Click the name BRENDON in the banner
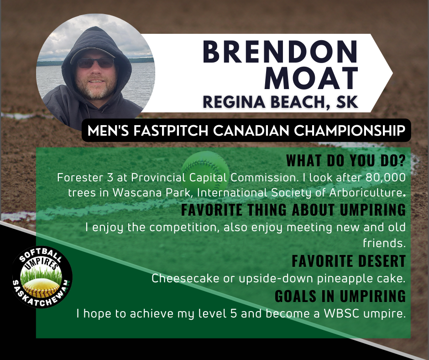[x=280, y=52]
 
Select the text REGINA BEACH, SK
[x=280, y=102]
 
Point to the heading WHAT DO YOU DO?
[x=346, y=160]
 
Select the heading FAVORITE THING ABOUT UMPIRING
[x=293, y=210]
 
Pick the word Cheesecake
[x=185, y=278]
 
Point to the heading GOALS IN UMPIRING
[x=340, y=296]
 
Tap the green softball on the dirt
[x=205, y=166]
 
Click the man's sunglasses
[x=95, y=63]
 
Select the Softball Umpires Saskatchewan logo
[x=42, y=277]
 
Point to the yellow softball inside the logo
[x=41, y=288]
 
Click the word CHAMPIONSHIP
[x=350, y=130]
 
